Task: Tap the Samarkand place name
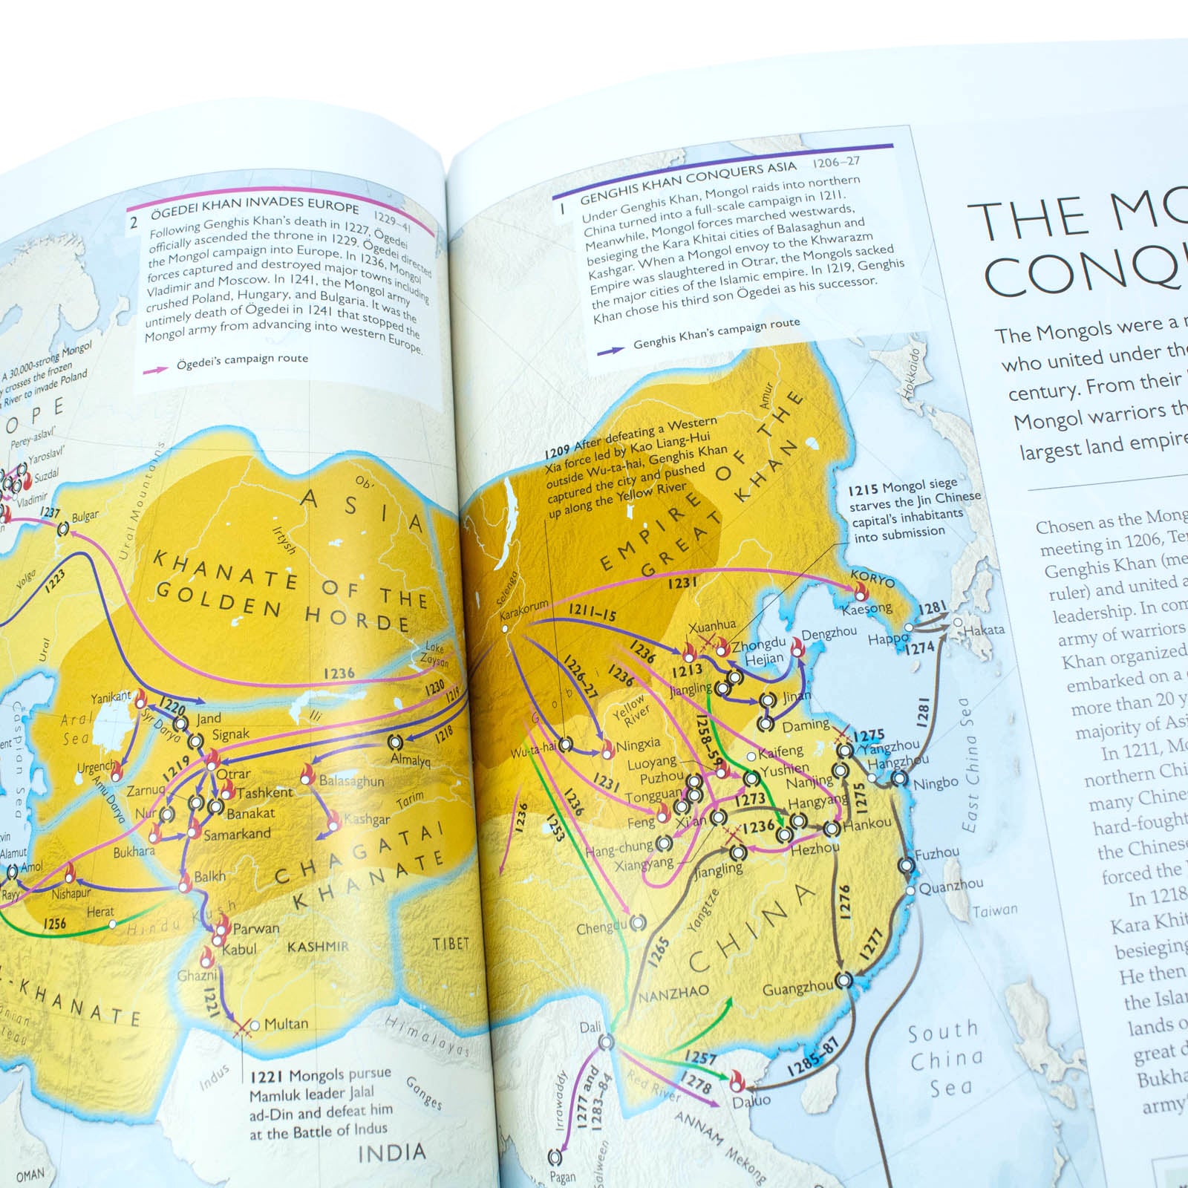(x=237, y=834)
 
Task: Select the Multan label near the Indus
(x=286, y=1024)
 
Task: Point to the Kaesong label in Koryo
(x=866, y=610)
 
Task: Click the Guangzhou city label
(x=797, y=989)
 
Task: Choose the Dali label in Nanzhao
(x=590, y=1028)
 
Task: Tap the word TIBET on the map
(x=451, y=944)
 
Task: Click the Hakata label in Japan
(x=984, y=630)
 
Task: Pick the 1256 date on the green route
(x=54, y=924)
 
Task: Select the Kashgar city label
(x=367, y=820)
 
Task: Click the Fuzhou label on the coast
(x=937, y=854)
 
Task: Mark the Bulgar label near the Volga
(x=85, y=515)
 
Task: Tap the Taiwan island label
(x=995, y=910)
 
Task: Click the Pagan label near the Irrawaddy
(x=563, y=1176)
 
